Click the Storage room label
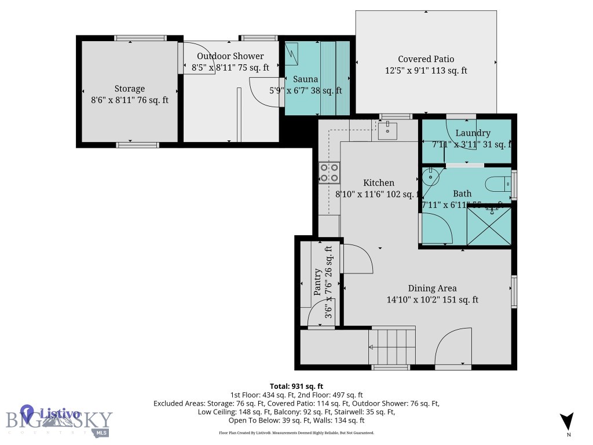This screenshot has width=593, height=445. click(x=129, y=89)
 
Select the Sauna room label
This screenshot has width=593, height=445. click(x=305, y=79)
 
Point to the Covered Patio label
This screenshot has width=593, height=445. click(x=426, y=59)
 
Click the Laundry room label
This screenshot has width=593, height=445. click(x=473, y=133)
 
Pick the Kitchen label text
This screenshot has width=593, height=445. click(x=379, y=183)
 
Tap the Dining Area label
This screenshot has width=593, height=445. click(x=432, y=288)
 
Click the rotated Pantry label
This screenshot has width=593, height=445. click(x=318, y=282)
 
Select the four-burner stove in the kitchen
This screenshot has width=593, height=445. click(x=329, y=173)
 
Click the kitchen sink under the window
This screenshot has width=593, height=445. click(x=387, y=130)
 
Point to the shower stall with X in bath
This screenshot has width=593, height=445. click(x=489, y=225)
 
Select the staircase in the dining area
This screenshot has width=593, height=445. click(x=393, y=346)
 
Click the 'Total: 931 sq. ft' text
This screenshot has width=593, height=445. click(x=296, y=386)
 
